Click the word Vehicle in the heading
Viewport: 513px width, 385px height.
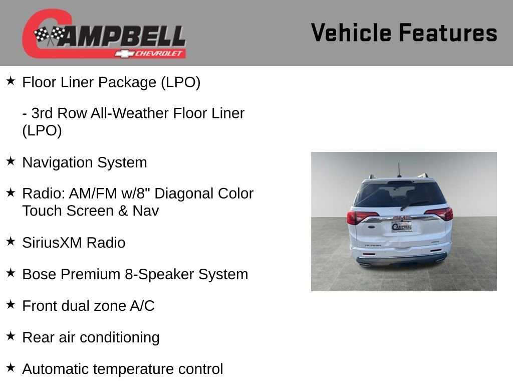point(351,33)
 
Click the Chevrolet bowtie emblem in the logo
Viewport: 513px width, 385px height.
point(124,54)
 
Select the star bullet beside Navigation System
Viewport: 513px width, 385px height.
point(11,161)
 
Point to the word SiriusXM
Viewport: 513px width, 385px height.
point(52,243)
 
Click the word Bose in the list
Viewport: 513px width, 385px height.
point(39,274)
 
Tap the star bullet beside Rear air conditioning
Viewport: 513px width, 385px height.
point(11,336)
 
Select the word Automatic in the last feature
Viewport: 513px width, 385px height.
point(55,369)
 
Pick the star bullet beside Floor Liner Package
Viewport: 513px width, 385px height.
point(11,81)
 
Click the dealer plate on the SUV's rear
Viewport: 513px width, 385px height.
point(401,226)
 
